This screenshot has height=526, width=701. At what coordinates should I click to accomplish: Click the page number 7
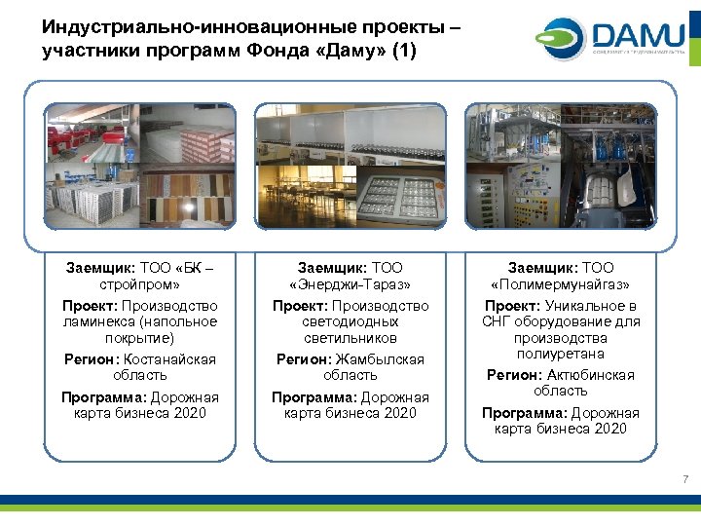tap(685, 479)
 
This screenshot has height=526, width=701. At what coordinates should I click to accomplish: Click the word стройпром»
tap(139, 284)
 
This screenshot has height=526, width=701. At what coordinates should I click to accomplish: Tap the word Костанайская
tap(169, 359)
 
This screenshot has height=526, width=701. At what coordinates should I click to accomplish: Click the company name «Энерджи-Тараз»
tap(350, 284)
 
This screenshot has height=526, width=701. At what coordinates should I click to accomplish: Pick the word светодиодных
tap(350, 321)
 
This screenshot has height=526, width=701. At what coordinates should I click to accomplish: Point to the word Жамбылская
tap(381, 359)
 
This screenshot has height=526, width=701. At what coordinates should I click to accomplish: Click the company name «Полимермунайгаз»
tap(560, 284)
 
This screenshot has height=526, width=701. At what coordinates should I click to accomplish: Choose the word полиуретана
tap(560, 354)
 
